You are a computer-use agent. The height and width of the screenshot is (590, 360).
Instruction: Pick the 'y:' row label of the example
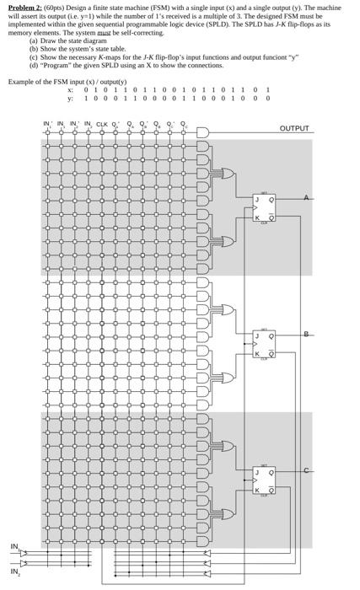pyautogui.click(x=71, y=97)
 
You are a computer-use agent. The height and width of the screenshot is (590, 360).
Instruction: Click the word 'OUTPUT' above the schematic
pyautogui.click(x=293, y=129)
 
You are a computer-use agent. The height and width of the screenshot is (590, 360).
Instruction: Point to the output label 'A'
pyautogui.click(x=306, y=197)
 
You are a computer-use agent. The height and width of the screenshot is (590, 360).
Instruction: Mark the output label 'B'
pyautogui.click(x=306, y=334)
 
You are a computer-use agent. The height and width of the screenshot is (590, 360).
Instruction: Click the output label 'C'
pyautogui.click(x=306, y=470)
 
